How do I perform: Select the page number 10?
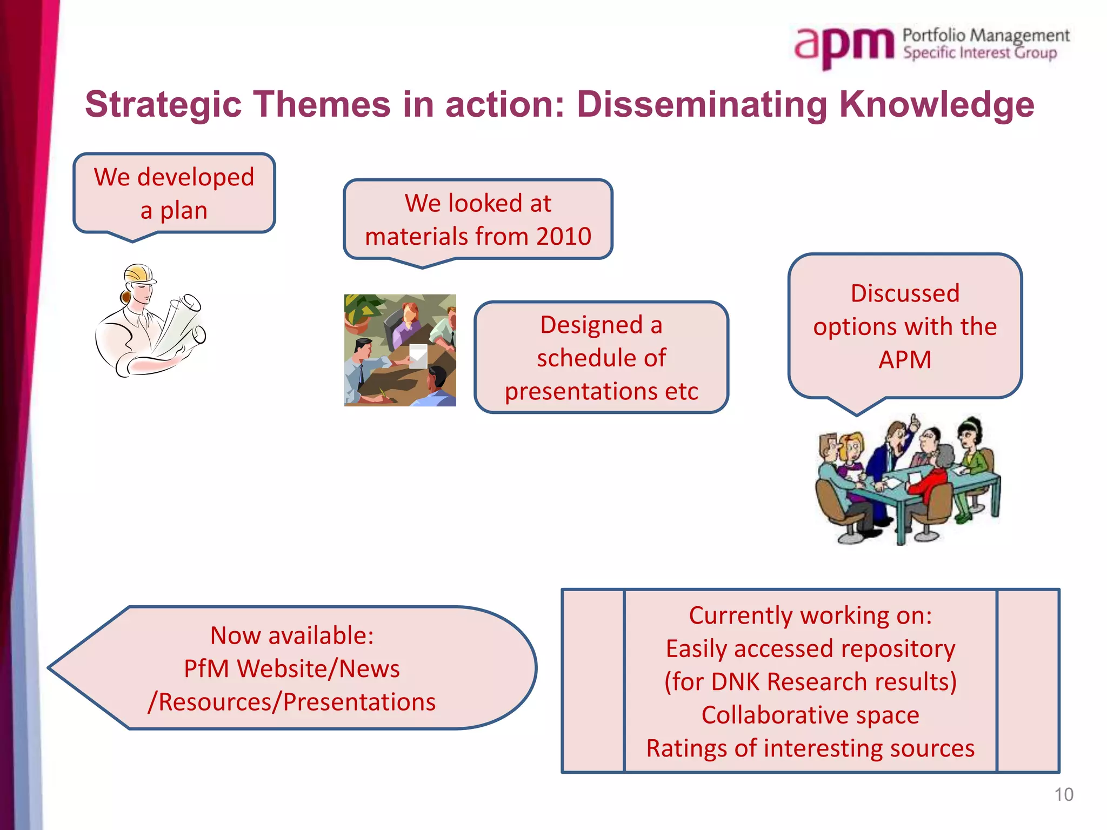[x=1063, y=794]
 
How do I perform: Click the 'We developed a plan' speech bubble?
[x=174, y=193]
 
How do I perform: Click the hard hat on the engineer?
[x=139, y=274]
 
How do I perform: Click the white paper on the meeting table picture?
[x=418, y=356]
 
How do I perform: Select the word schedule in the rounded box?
[x=601, y=358]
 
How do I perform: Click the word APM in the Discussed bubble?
[x=905, y=360]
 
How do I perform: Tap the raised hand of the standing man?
[x=913, y=422]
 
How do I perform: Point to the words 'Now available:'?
[x=292, y=635]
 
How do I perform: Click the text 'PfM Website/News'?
[x=292, y=669]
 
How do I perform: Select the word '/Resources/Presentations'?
[x=292, y=702]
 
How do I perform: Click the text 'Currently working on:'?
[x=810, y=615]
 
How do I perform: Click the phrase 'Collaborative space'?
[x=810, y=715]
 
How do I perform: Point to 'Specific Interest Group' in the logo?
[x=979, y=53]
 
